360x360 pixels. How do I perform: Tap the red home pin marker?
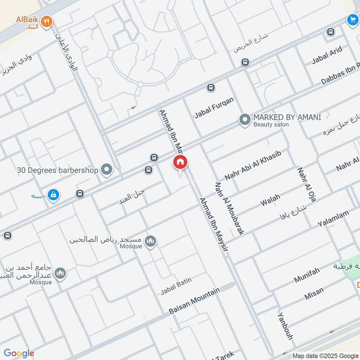pyautogui.click(x=180, y=162)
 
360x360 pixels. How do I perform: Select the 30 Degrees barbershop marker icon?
pyautogui.click(x=107, y=170)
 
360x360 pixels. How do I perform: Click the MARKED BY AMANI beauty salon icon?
pyautogui.click(x=244, y=120)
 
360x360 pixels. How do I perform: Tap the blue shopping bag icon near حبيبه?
pyautogui.click(x=54, y=195)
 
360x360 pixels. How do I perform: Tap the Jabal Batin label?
pyautogui.click(x=176, y=286)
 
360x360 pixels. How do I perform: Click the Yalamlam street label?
pyautogui.click(x=333, y=218)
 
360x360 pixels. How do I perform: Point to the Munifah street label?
pyautogui.click(x=307, y=275)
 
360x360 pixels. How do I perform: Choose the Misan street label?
pyautogui.click(x=314, y=293)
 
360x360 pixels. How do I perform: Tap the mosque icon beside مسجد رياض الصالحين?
pyautogui.click(x=151, y=241)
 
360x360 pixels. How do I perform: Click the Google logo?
pyautogui.click(x=18, y=353)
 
